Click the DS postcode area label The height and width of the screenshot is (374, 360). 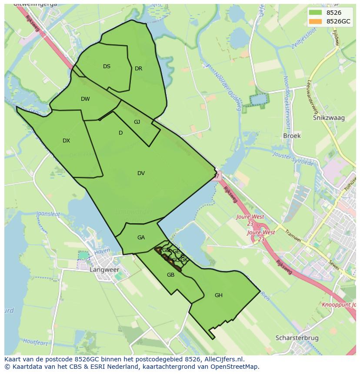pyautogui.click(x=107, y=66)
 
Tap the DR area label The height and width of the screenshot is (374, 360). pyautogui.click(x=138, y=69)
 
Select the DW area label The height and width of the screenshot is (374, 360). pyautogui.click(x=85, y=99)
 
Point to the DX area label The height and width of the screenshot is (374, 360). pyautogui.click(x=66, y=141)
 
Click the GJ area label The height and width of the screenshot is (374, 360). pyautogui.click(x=137, y=122)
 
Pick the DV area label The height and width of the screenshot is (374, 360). pyautogui.click(x=141, y=173)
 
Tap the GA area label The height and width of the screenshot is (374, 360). pyautogui.click(x=141, y=238)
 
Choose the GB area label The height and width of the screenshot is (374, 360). pyautogui.click(x=170, y=275)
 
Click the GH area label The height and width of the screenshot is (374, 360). pyautogui.click(x=218, y=295)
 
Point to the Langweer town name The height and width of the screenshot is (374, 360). pyautogui.click(x=104, y=270)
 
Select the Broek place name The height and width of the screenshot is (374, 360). pyautogui.click(x=292, y=136)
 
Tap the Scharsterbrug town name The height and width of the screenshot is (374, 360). pyautogui.click(x=297, y=338)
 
